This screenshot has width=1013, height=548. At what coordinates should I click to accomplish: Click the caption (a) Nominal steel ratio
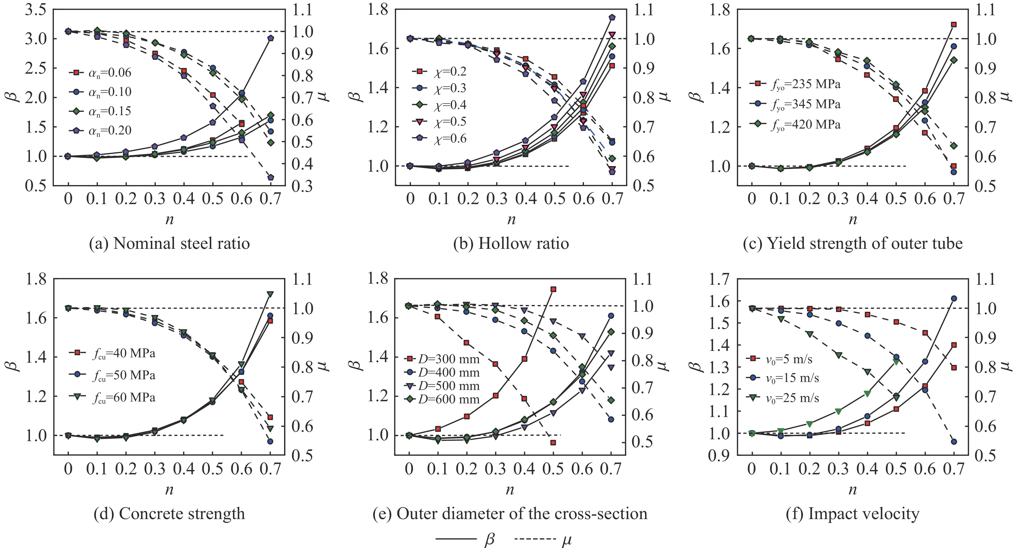coord(169,244)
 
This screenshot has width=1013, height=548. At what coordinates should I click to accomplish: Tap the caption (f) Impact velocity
coord(852,513)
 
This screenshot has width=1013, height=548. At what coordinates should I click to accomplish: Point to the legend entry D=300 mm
coord(442,359)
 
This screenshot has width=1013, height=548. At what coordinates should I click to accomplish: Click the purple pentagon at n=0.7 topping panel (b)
coord(612,17)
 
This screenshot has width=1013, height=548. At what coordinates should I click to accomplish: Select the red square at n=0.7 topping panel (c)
coord(953,24)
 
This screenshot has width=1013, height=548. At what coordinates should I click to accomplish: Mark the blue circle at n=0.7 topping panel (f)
coord(953,298)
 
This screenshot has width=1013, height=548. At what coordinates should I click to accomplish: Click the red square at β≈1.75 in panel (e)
coord(553,289)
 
